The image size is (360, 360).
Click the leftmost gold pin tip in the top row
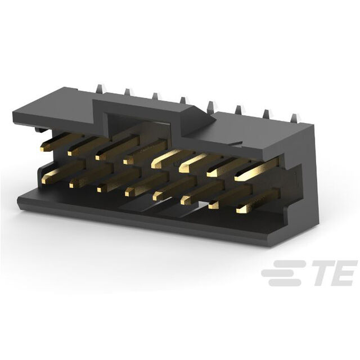42,149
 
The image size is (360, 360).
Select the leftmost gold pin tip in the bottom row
44,181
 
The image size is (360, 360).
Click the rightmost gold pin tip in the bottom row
240,210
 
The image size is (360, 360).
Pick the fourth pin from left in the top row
145,152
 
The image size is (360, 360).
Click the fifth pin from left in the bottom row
175,188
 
